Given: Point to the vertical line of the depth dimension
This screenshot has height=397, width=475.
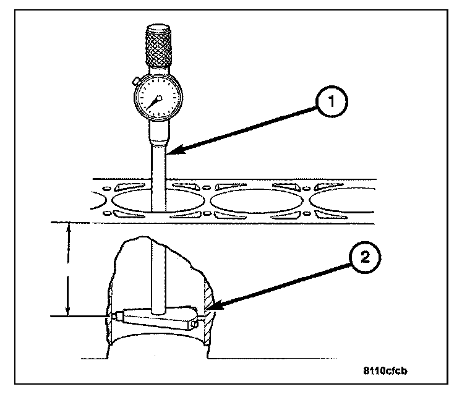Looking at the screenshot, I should tap(69, 269).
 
